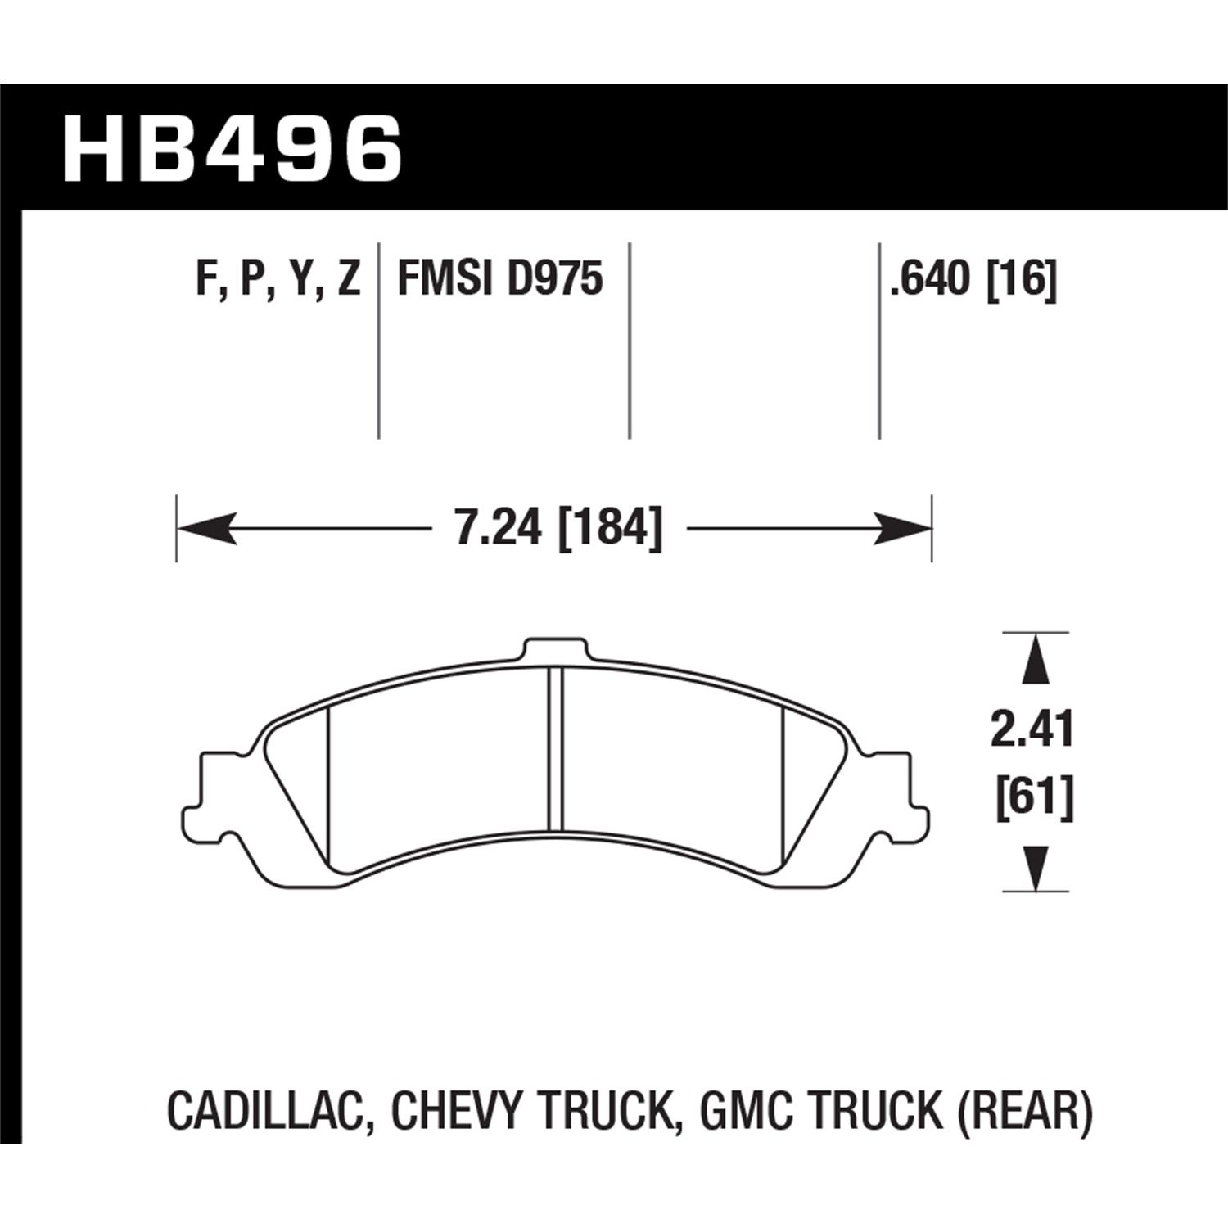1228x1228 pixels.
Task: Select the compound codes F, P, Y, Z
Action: coord(278,279)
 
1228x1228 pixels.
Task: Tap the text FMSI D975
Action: coord(499,279)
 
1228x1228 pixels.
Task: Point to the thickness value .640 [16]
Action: coord(974,279)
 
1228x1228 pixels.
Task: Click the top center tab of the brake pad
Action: coord(556,650)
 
